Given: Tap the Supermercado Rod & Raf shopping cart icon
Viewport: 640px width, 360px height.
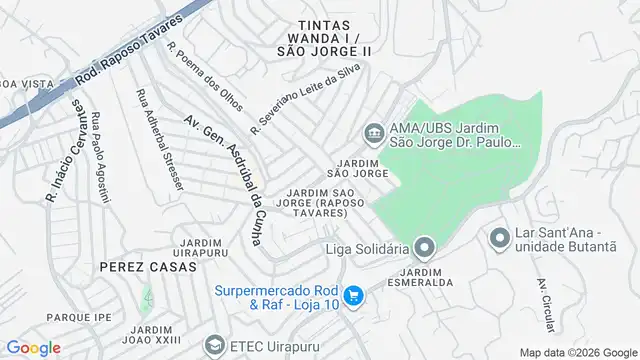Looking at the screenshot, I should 352,296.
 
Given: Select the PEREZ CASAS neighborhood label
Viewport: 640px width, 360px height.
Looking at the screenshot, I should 140,268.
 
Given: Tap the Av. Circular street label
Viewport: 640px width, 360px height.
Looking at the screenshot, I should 545,296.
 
